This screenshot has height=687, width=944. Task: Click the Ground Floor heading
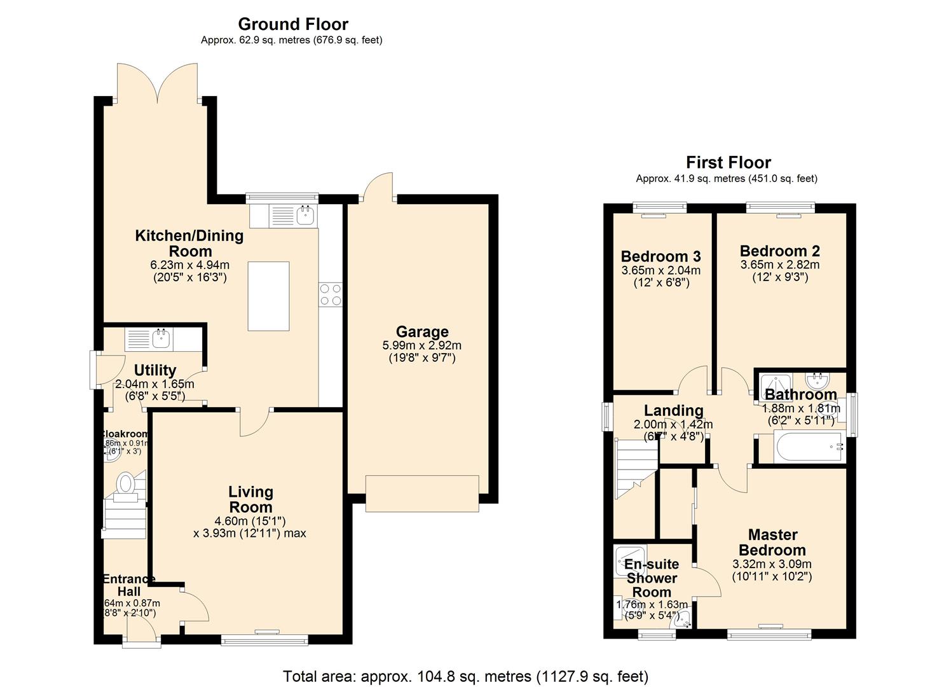(293, 24)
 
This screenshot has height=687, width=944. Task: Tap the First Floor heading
(728, 162)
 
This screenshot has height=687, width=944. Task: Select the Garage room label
(422, 331)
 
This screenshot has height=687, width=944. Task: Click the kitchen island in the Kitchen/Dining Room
(268, 296)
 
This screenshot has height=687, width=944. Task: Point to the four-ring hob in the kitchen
(331, 295)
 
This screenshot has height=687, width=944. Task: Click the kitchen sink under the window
(306, 215)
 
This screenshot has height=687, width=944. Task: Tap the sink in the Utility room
(160, 338)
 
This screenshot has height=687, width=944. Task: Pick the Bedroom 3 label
(660, 256)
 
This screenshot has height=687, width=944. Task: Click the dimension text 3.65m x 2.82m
(779, 265)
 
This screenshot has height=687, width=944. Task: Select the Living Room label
(250, 499)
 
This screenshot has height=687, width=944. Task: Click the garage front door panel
(422, 493)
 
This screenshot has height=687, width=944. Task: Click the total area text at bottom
(465, 676)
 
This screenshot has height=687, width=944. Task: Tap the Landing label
(673, 410)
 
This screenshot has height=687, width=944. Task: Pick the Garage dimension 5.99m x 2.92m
(421, 345)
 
